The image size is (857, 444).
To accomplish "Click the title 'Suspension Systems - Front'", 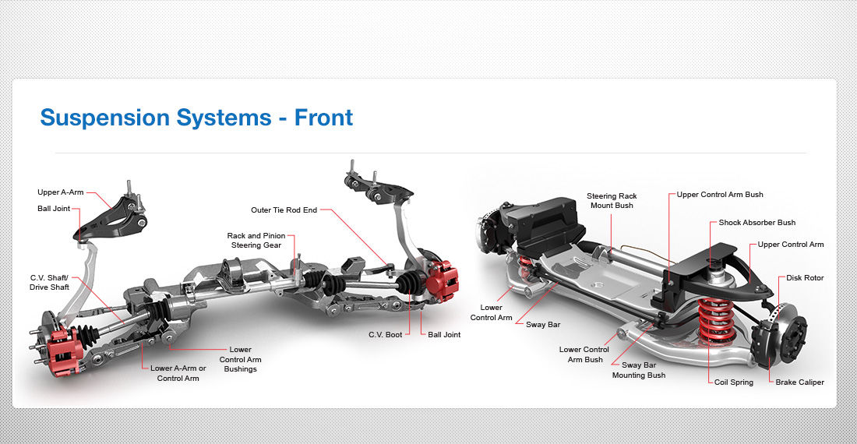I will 196,118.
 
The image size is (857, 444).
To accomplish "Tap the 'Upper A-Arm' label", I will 60,192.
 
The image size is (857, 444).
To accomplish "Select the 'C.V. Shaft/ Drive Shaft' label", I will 50,283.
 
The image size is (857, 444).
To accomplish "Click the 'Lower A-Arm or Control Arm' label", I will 178,373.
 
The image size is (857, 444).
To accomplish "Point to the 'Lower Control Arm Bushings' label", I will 240,359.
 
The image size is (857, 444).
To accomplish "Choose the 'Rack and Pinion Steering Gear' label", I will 256,240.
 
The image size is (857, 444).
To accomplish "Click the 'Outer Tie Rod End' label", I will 284,210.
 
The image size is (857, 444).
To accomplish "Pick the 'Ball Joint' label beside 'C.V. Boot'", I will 444,334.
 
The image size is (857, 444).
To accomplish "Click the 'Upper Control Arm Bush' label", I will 720,194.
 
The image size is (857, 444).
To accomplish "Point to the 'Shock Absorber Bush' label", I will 756,223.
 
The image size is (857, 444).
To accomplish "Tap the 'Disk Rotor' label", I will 804,278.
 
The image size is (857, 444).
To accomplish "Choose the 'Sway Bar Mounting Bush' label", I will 638,369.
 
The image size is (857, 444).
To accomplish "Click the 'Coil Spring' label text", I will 733,382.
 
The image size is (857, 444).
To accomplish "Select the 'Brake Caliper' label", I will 799,382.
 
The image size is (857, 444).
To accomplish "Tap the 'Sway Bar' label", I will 543,324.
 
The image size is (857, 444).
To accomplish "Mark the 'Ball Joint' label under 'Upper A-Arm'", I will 53,208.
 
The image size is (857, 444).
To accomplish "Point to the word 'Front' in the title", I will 323,118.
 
